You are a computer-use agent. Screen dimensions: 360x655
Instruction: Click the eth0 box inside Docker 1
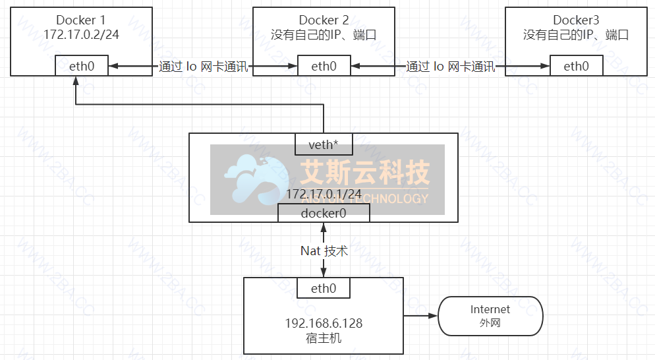click(x=81, y=66)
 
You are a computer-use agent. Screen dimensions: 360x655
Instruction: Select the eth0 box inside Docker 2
click(x=324, y=66)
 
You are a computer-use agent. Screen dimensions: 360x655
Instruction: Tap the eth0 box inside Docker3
click(x=576, y=66)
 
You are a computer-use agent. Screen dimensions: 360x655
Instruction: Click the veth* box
click(x=324, y=144)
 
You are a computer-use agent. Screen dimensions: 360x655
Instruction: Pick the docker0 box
click(x=324, y=213)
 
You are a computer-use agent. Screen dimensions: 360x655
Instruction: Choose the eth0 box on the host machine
click(x=324, y=288)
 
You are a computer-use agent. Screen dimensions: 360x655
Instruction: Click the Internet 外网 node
click(x=490, y=316)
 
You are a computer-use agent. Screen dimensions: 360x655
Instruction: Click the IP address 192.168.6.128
click(x=324, y=324)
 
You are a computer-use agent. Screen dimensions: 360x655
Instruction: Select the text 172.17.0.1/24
click(x=324, y=194)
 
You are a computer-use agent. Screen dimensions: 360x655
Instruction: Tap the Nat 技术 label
click(x=324, y=251)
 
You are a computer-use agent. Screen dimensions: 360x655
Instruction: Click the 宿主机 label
click(x=324, y=338)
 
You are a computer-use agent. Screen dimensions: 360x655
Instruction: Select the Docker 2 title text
click(x=324, y=20)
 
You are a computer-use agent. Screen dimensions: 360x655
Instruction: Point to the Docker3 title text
click(x=576, y=20)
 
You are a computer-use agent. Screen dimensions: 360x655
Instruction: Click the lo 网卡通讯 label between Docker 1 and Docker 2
click(x=204, y=67)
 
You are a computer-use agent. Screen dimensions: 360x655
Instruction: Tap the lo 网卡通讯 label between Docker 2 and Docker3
click(x=451, y=67)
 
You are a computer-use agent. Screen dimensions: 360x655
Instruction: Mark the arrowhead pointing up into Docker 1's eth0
click(x=76, y=81)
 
